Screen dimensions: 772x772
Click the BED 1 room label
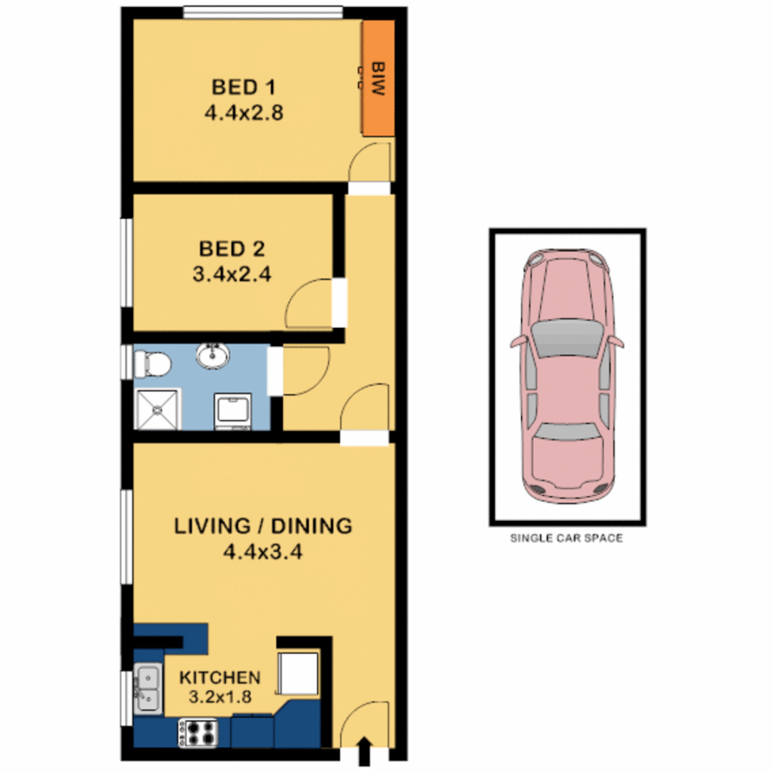pyautogui.click(x=244, y=88)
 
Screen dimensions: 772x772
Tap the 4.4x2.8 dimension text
pyautogui.click(x=244, y=112)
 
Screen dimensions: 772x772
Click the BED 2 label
pyautogui.click(x=232, y=249)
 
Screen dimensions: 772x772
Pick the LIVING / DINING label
pyautogui.click(x=264, y=526)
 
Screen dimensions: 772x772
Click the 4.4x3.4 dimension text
pyautogui.click(x=264, y=551)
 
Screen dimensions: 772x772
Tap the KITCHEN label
pyautogui.click(x=219, y=677)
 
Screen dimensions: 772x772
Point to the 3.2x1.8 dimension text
pyautogui.click(x=219, y=698)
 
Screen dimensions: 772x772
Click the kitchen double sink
pyautogui.click(x=148, y=688)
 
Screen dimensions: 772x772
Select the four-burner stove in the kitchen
pyautogui.click(x=198, y=733)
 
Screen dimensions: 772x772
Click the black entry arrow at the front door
pyautogui.click(x=365, y=751)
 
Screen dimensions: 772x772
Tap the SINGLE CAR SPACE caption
pyautogui.click(x=565, y=538)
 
